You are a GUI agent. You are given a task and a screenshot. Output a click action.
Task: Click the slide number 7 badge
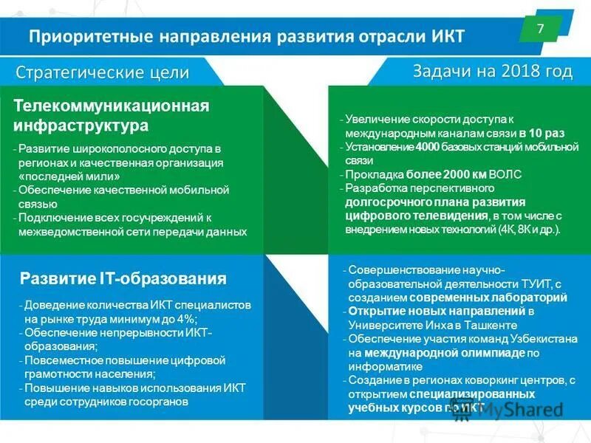541,30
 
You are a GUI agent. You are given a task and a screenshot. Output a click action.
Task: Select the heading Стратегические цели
103,72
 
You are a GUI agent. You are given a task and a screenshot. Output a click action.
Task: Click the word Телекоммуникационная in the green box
112,106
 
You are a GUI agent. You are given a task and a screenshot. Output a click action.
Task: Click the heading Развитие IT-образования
123,278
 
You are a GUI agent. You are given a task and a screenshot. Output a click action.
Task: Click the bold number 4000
427,146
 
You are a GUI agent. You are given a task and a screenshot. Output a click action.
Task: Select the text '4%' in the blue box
187,319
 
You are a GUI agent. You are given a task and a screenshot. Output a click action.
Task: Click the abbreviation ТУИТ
528,284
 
